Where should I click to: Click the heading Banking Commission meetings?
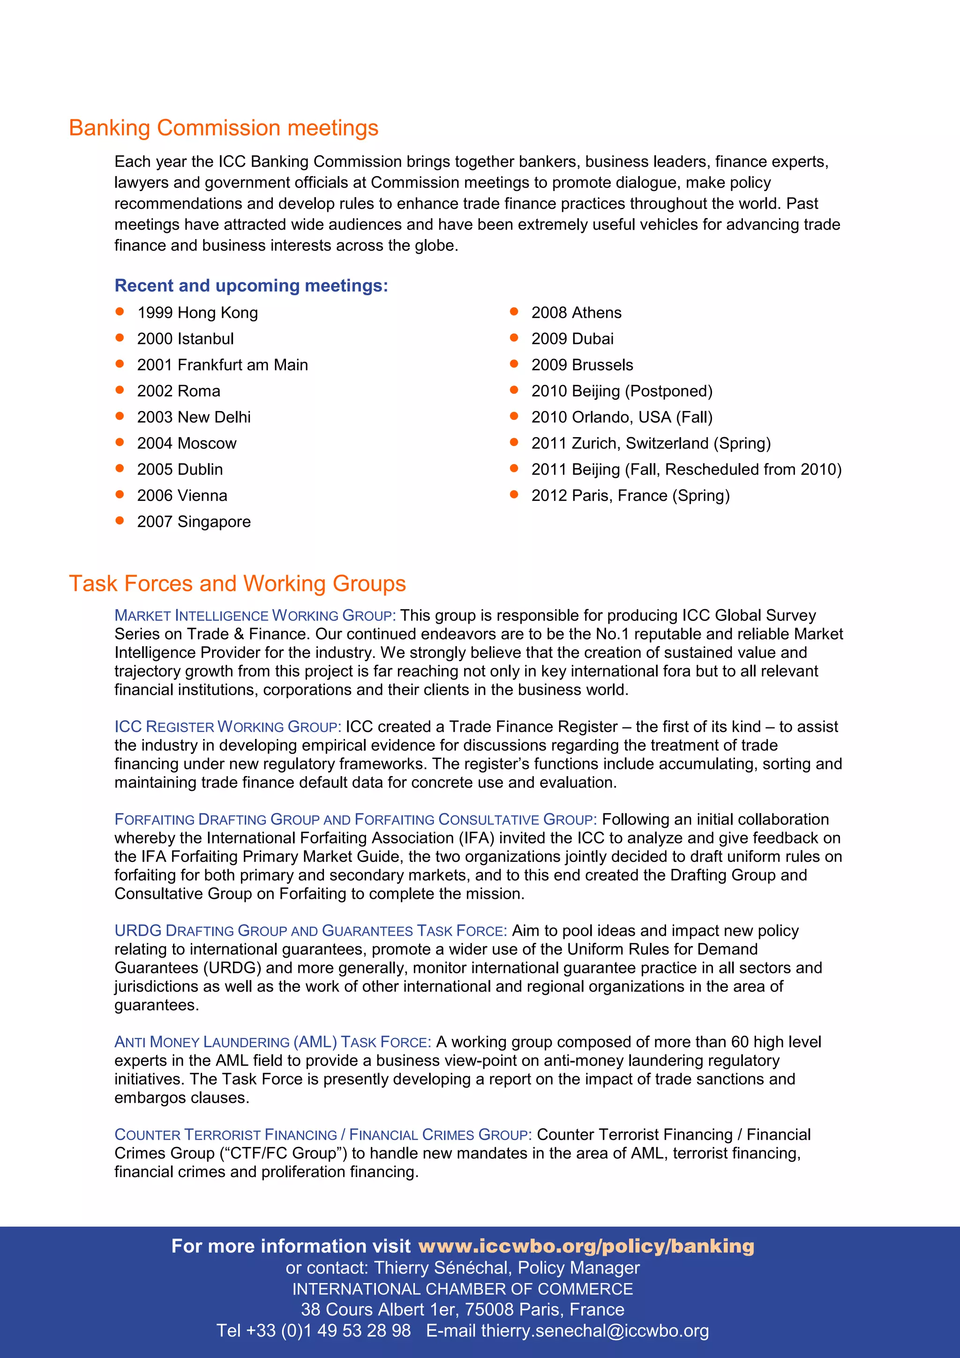point(224,128)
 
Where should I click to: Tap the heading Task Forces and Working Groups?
point(237,584)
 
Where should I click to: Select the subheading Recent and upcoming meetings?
point(251,286)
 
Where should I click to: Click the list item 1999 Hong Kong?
point(197,313)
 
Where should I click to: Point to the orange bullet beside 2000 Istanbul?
point(120,338)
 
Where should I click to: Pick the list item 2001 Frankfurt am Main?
point(222,365)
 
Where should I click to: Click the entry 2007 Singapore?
point(194,522)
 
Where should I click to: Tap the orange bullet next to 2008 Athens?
point(514,312)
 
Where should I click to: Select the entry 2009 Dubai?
point(572,339)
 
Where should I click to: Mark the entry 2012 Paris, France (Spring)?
point(630,496)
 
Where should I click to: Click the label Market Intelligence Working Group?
point(255,616)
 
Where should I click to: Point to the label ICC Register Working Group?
point(228,727)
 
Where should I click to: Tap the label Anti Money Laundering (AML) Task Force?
point(273,1042)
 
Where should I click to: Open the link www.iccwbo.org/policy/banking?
point(586,1246)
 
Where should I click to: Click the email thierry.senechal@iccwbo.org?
point(594,1331)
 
